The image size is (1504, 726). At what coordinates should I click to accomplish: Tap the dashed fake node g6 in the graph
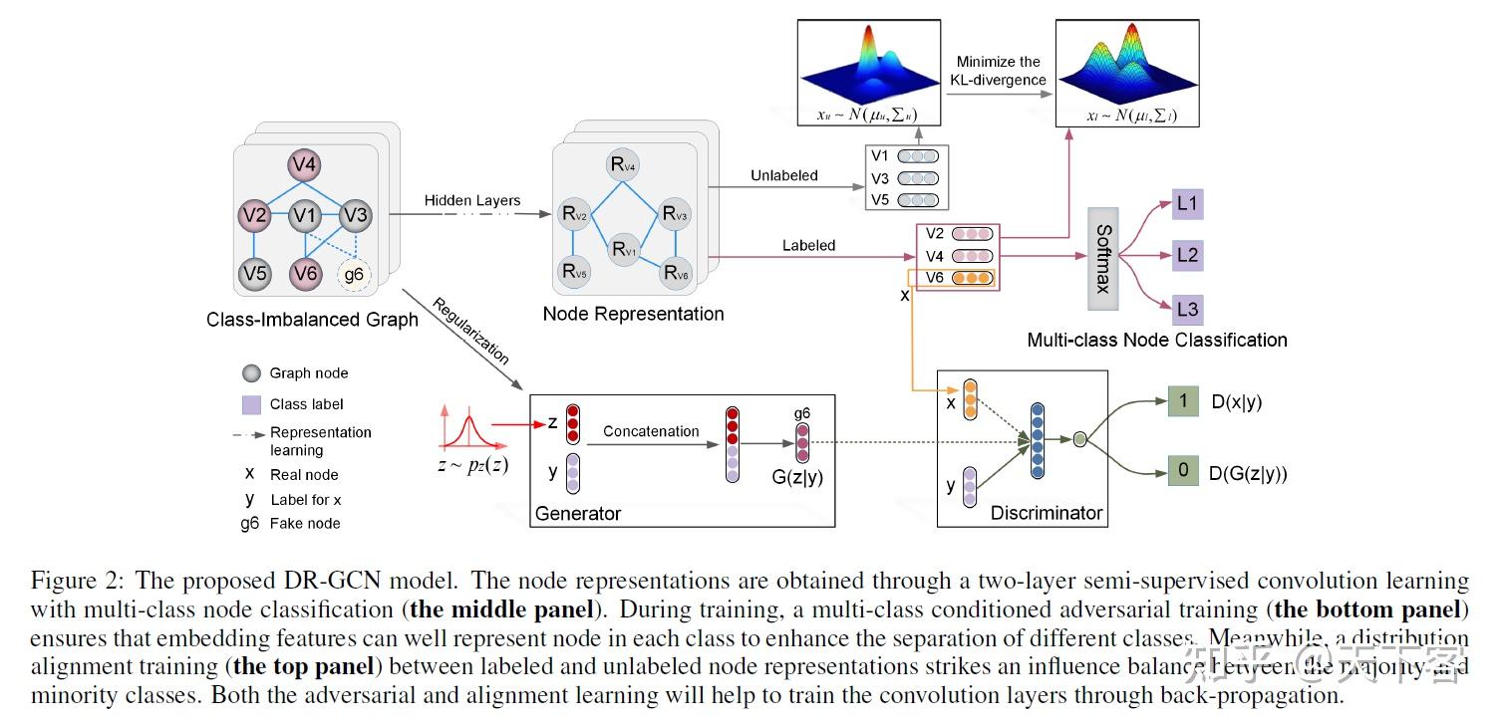354,274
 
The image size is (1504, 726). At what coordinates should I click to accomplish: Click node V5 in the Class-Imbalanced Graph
254,272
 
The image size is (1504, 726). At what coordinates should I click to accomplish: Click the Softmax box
1103,256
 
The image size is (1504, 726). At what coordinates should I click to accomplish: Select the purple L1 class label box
1188,206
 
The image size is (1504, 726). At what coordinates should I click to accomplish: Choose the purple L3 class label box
1187,309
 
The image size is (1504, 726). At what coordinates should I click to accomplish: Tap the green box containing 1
1183,402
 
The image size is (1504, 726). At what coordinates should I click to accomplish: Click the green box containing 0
1183,471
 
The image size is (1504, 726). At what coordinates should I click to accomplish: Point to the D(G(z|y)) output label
1248,473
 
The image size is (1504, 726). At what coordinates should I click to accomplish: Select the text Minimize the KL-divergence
999,71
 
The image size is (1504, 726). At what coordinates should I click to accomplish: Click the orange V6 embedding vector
972,278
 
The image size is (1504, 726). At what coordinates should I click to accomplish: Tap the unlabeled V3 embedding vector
917,178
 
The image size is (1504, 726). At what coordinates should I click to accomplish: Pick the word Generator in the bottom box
578,514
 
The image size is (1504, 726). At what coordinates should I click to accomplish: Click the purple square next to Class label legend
252,404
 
